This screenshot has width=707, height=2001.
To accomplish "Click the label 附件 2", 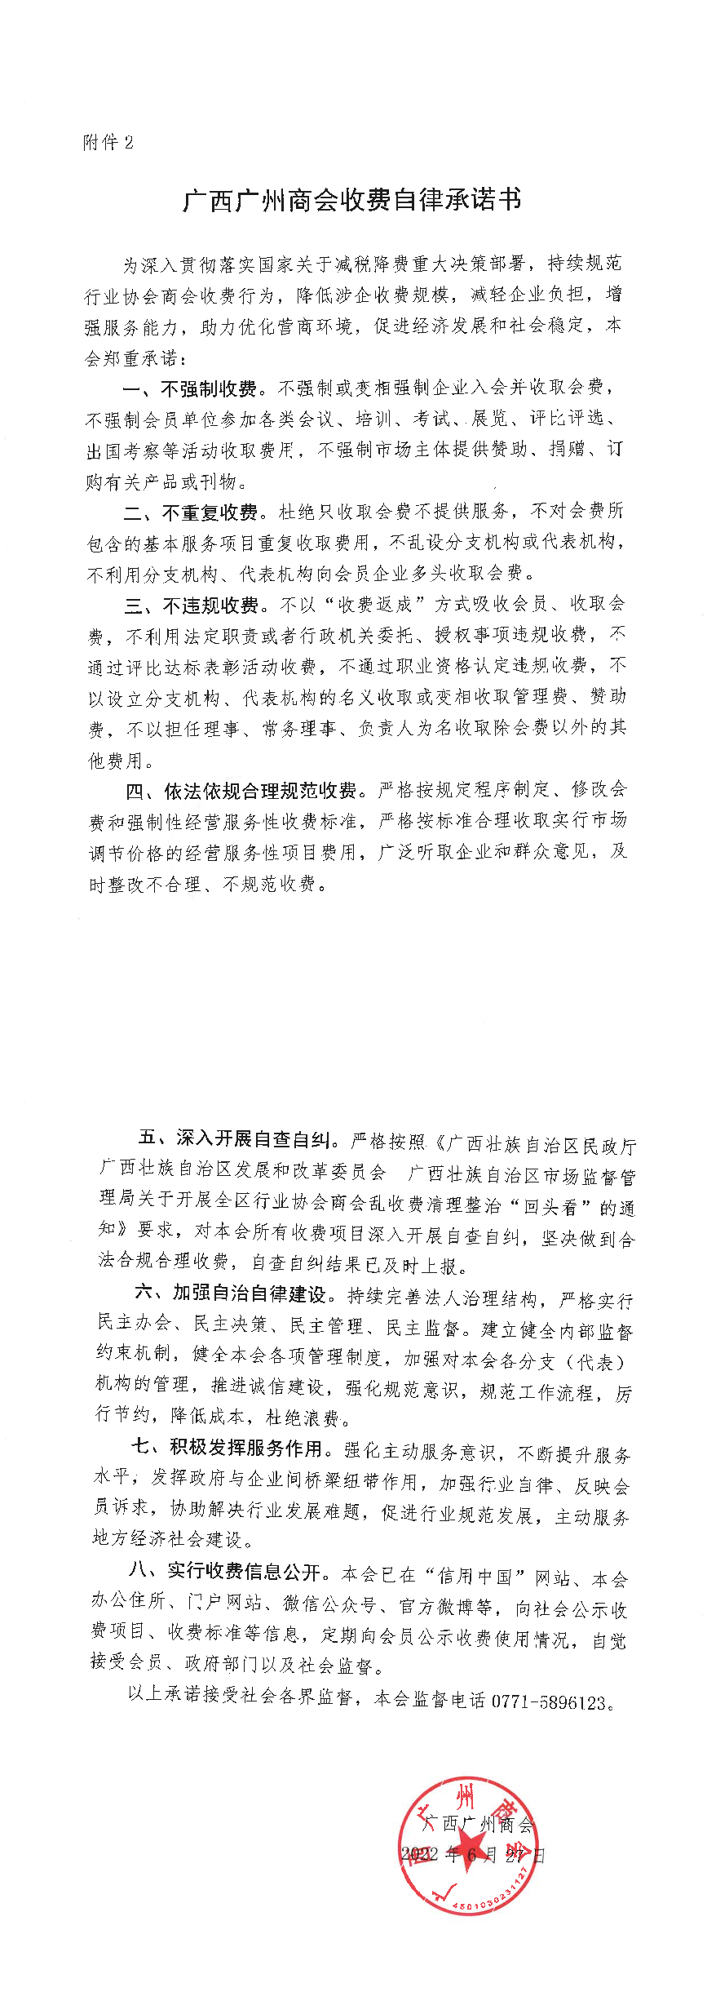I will [x=108, y=143].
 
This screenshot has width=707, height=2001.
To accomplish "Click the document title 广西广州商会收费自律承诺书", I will [x=352, y=200].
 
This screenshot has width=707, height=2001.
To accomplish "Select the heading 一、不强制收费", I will [x=190, y=388].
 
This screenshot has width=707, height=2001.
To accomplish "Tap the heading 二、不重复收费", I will [x=191, y=512].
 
